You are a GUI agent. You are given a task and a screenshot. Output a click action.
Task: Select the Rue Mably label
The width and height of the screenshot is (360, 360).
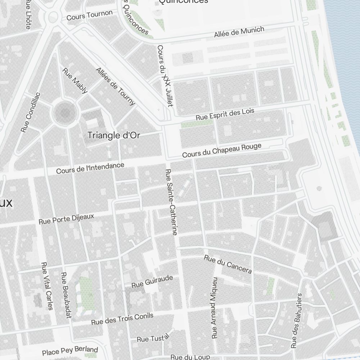pos(75,81)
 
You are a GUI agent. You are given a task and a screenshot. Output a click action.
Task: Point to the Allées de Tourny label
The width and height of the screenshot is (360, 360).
pos(116,86)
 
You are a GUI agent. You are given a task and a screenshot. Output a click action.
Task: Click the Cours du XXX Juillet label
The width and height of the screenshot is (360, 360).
pos(165,76)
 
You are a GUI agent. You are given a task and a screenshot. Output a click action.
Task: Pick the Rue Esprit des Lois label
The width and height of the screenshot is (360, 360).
pos(225,114)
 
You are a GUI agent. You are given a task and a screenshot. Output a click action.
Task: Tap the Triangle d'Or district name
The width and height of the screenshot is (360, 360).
pos(114,135)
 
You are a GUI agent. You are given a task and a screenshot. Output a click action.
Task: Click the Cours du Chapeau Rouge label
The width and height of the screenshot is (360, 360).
pos(221,150)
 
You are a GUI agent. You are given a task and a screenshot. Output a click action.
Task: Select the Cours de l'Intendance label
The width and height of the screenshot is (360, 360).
pos(90,168)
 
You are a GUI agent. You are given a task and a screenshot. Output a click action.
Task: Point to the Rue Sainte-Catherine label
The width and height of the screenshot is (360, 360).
pos(171,202)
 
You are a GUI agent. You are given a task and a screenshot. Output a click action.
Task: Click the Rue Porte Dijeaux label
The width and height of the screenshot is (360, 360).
pos(66,219)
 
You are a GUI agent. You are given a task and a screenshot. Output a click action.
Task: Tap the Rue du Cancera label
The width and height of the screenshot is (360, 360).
pos(228,264)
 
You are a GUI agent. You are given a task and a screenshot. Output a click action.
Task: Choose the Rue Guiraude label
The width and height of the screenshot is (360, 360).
pos(152,282)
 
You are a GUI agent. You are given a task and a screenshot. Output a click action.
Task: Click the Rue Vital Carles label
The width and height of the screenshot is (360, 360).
pos(47,286)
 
